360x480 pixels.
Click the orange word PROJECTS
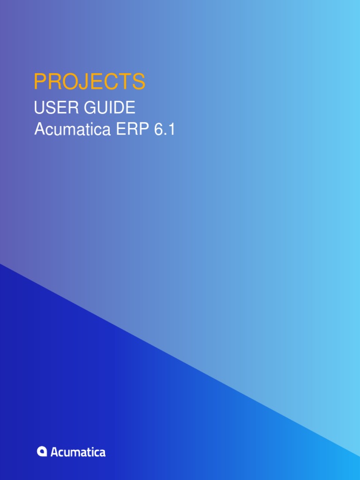coord(90,82)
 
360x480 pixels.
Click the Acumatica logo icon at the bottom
coord(42,451)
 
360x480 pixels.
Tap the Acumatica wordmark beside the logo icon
coord(78,452)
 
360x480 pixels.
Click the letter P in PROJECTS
coord(39,82)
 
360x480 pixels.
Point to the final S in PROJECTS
coord(139,82)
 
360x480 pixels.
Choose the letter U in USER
coord(39,108)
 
